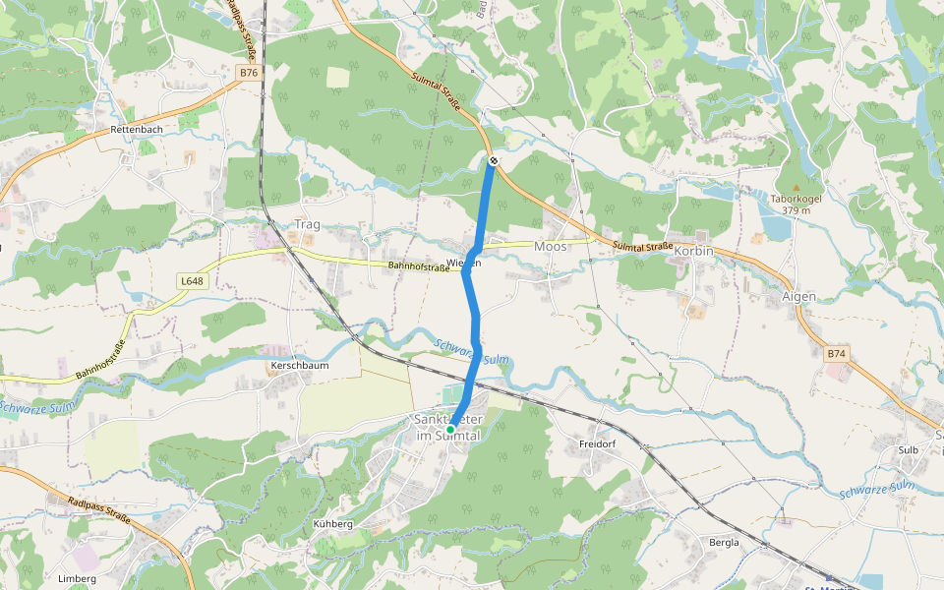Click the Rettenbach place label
coord(135,129)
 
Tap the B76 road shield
coord(249,73)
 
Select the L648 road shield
coord(192,281)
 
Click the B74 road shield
coord(836,353)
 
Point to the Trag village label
coord(308,224)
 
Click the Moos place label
coord(551,247)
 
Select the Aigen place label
coord(798,296)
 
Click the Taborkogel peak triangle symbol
coord(796,186)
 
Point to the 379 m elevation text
coord(796,209)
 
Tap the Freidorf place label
coord(597,444)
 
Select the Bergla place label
coord(724,542)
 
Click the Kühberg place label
coord(332,524)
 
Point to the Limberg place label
coord(78,578)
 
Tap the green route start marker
coord(450,430)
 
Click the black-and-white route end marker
coord(493,160)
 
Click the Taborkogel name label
coord(796,198)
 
